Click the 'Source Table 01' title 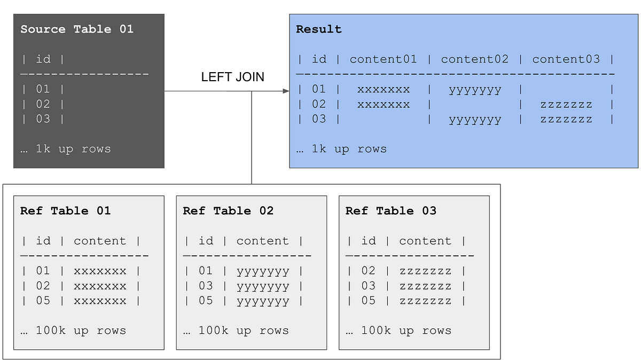click(x=77, y=29)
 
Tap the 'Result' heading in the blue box click(x=319, y=29)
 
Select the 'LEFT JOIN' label click(x=232, y=77)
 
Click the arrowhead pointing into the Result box click(x=286, y=91)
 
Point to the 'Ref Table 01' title click(x=65, y=211)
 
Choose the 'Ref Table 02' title click(x=228, y=211)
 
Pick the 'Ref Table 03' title click(x=390, y=211)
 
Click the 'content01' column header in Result click(x=383, y=59)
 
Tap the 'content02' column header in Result click(x=475, y=59)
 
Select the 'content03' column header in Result click(x=566, y=59)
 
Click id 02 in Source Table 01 click(x=43, y=104)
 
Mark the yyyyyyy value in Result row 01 click(x=475, y=90)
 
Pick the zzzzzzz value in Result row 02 click(x=566, y=104)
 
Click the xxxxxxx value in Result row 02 click(x=384, y=104)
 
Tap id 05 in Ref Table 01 click(x=43, y=301)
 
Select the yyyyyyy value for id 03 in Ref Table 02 click(x=263, y=286)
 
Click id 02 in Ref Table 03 click(x=369, y=271)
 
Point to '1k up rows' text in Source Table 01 click(x=65, y=149)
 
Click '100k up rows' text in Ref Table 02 click(x=236, y=331)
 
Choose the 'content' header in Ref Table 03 click(x=425, y=241)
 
